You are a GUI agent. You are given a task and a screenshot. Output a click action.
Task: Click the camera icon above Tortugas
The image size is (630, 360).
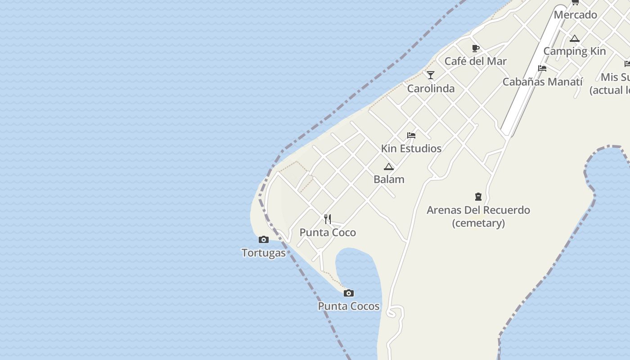pos(264,240)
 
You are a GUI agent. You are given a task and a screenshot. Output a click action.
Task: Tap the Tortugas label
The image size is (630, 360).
pos(264,253)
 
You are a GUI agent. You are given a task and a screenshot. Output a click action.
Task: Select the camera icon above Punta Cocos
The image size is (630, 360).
pos(348,293)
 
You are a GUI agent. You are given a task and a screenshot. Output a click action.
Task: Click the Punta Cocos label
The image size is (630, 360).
pos(349,306)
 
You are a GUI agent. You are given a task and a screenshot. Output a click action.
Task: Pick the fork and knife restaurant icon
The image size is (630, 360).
pos(328,219)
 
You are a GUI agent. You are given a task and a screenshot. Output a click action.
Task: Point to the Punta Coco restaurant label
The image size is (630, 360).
pos(328,233)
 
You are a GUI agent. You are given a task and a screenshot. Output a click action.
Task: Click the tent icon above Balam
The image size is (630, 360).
pos(389,167)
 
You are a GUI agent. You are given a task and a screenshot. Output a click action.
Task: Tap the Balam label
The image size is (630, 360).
pos(389,180)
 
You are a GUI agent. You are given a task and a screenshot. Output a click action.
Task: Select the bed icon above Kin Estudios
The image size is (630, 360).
pos(411,135)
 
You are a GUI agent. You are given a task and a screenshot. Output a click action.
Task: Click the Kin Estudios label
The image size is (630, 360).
pos(411,148)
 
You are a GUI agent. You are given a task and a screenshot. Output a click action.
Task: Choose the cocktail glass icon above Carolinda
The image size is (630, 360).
pos(431,75)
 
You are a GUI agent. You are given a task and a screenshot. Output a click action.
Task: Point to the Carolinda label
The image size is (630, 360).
pos(431,89)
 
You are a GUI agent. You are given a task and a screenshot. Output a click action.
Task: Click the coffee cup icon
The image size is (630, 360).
pos(476,48)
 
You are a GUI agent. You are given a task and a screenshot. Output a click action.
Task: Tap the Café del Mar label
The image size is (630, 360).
pos(476,61)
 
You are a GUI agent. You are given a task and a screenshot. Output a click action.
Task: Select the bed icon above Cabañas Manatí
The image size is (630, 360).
pos(542,68)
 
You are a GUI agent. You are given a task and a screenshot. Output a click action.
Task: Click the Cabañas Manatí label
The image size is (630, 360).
pos(542,82)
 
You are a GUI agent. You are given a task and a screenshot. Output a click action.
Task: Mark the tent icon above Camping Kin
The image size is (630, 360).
pos(575,39)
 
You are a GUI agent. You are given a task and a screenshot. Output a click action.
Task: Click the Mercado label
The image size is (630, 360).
pos(575,15)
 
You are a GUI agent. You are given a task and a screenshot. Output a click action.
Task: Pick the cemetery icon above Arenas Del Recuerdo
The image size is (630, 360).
pos(478,197)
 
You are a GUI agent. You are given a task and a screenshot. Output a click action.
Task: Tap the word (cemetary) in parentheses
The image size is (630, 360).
pos(478,223)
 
